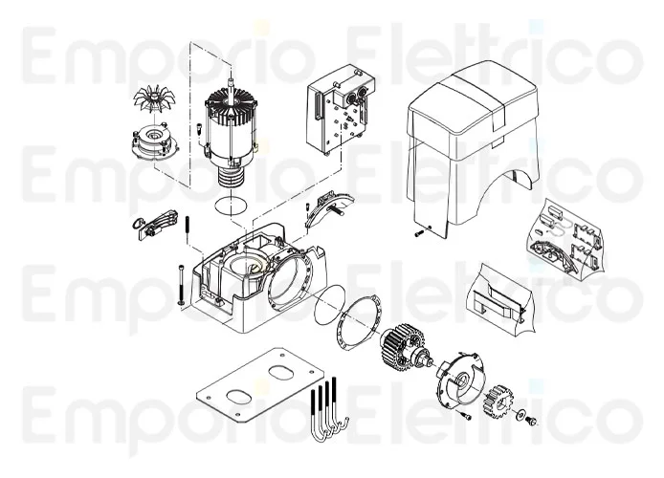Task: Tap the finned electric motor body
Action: coord(229,135)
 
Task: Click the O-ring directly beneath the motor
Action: coord(229,204)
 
